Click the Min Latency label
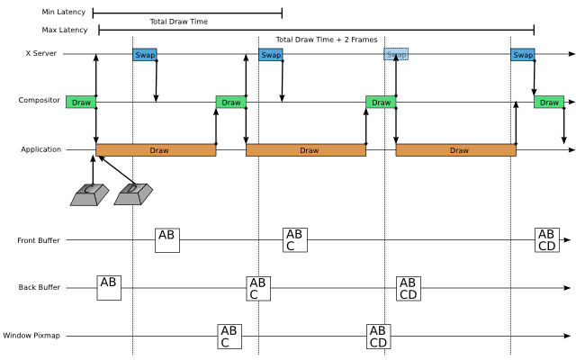tap(64, 13)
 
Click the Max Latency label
tap(65, 30)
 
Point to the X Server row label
tap(41, 54)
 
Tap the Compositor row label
tap(40, 101)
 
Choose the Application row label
tap(41, 149)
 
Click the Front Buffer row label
tap(39, 240)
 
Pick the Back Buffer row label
tap(40, 288)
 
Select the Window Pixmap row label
tap(31, 336)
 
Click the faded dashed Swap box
tap(396, 54)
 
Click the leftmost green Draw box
tap(80, 103)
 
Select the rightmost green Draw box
tap(548, 103)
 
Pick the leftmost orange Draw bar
tap(156, 150)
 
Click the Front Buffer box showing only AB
tap(166, 240)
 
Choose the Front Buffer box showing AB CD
tap(547, 240)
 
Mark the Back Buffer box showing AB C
tap(258, 288)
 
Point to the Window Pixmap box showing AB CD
tap(378, 337)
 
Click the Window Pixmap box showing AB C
tap(229, 337)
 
